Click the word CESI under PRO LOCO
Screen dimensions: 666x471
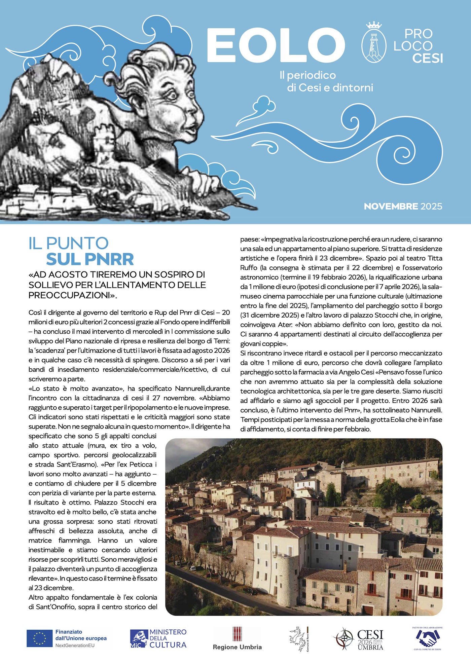tap(428, 58)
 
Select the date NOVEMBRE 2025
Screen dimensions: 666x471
tap(403, 206)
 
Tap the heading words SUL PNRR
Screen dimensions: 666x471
tap(90, 259)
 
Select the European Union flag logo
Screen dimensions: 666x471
tap(39, 638)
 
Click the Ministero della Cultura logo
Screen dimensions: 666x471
tap(158, 638)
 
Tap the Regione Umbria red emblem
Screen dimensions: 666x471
tap(238, 634)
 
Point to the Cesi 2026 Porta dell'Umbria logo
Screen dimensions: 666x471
tap(359, 638)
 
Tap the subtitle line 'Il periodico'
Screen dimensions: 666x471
tap(308, 75)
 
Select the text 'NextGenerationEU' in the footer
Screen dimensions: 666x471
tap(75, 645)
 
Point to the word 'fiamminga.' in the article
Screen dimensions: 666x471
tap(75, 541)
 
